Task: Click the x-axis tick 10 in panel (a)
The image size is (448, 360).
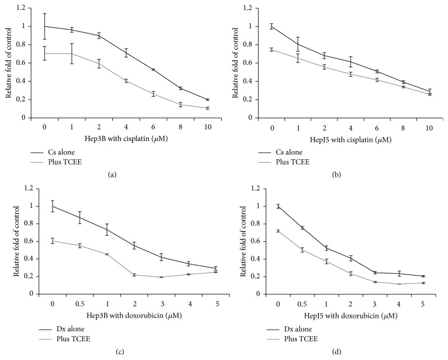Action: click(x=208, y=125)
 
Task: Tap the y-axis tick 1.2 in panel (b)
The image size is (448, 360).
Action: click(x=247, y=8)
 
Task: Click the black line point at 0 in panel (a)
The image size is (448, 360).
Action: click(x=44, y=26)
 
